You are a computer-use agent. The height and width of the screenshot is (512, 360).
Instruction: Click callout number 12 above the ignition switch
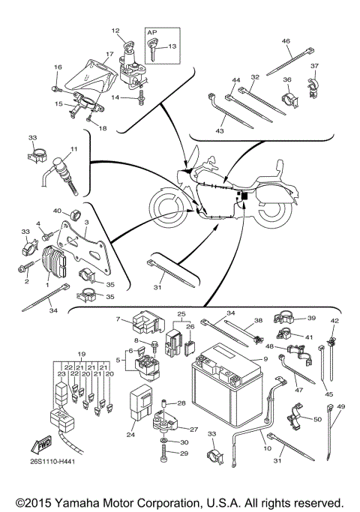(x=115, y=31)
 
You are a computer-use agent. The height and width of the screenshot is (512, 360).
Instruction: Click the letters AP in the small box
(x=152, y=33)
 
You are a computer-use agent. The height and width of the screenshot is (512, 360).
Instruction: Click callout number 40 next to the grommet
(x=56, y=212)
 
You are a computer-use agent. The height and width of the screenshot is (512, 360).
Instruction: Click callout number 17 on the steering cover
(x=109, y=54)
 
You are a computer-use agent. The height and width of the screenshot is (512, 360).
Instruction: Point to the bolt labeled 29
(x=163, y=454)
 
